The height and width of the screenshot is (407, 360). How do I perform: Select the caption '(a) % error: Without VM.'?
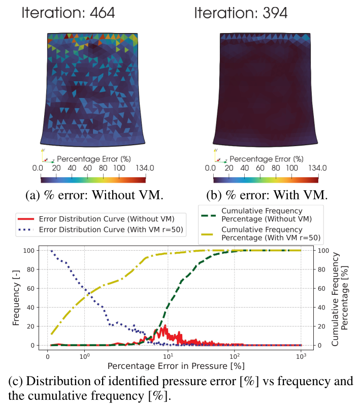click(93, 194)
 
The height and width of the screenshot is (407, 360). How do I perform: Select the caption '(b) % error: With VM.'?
click(265, 194)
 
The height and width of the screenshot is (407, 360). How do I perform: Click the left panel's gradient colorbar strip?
click(93, 179)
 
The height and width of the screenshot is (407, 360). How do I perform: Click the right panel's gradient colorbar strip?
click(266, 179)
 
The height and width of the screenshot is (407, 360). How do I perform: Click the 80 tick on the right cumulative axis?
click(321, 269)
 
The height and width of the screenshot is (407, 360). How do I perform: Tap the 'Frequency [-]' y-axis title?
click(16, 298)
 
